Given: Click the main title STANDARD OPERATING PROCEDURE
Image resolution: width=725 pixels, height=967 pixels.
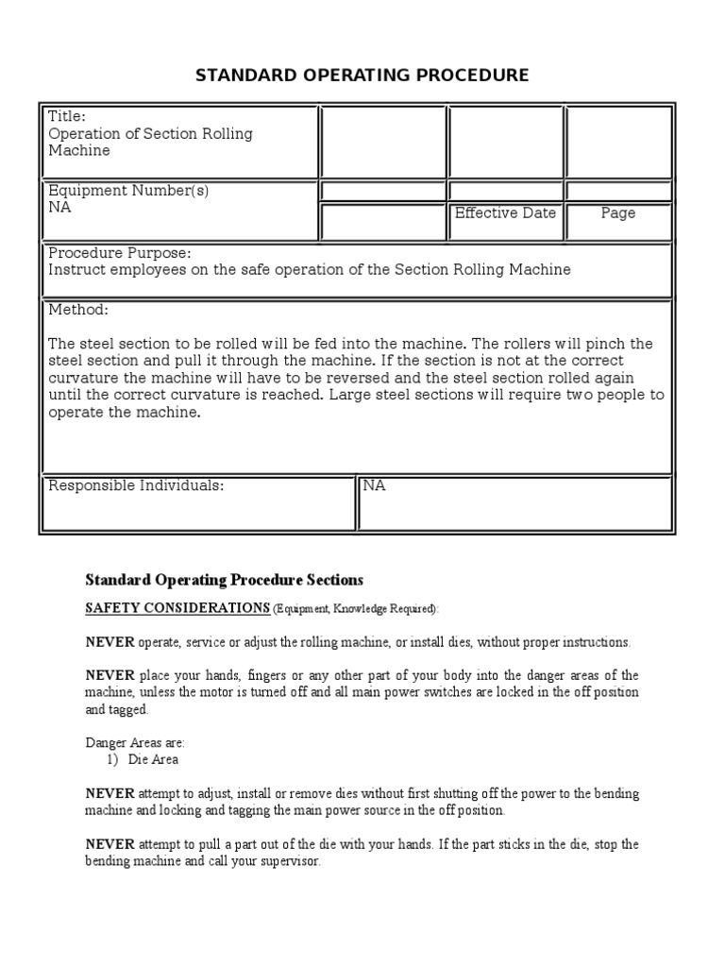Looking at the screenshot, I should point(362,76).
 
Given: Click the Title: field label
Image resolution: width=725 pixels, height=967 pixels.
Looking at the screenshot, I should point(67,117).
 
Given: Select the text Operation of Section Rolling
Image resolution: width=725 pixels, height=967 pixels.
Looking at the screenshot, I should point(150,134).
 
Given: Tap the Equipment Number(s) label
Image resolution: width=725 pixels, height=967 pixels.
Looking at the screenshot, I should point(128,191).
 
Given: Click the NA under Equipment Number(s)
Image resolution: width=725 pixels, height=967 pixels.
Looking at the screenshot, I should point(59,208).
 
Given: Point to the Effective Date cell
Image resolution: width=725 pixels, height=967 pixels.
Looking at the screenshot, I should point(505,213).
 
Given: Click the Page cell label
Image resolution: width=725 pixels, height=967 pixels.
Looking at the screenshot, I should point(618,213).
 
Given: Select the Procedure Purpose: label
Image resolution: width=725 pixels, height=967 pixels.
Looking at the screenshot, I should point(119,253).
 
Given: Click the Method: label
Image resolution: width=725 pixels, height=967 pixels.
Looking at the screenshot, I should point(78,311).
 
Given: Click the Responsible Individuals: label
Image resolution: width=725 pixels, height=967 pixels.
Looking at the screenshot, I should point(136,486).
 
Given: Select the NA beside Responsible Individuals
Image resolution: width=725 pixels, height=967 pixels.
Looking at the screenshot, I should point(374,486).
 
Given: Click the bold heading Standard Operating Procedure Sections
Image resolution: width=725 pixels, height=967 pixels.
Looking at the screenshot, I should point(224,580).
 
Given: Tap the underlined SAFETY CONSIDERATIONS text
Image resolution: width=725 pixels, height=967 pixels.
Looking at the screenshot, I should point(177,608).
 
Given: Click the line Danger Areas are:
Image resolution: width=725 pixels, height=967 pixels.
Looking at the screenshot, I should point(135,743).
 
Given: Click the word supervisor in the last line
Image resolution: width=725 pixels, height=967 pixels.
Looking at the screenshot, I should point(291,861).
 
